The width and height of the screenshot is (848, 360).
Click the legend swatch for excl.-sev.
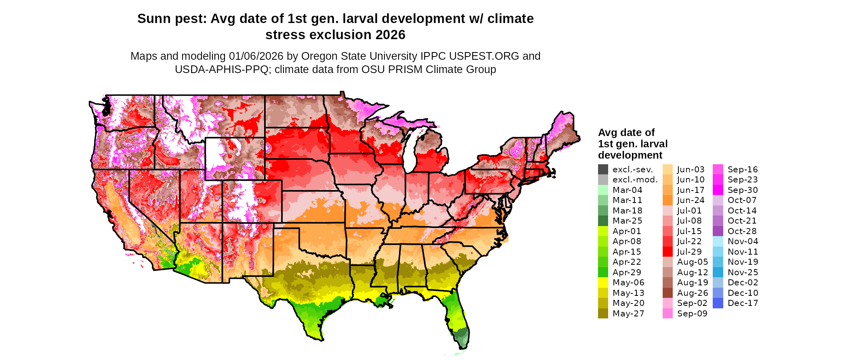tap(603, 170)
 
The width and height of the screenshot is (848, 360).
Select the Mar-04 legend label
tap(627, 190)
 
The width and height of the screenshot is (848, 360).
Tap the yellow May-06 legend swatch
tap(603, 283)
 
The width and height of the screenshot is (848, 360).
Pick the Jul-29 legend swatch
tap(667, 252)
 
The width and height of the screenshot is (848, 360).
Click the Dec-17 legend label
tap(743, 303)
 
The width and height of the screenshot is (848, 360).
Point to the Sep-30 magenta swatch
tap(718, 190)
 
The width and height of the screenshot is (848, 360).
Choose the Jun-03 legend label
tap(691, 170)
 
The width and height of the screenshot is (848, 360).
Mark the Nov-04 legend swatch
tap(718, 241)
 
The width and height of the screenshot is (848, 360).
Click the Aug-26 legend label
tap(692, 293)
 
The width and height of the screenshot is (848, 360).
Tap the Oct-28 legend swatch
tap(718, 231)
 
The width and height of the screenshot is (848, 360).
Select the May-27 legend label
tap(628, 314)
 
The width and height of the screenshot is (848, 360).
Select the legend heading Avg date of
tap(626, 133)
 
